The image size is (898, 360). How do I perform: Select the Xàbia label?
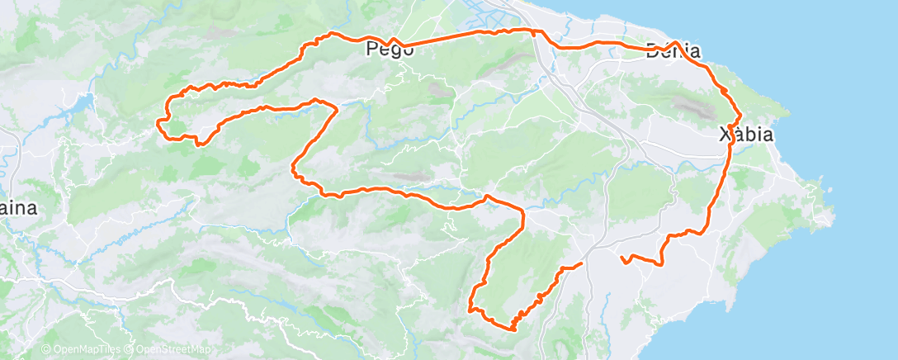[746, 135]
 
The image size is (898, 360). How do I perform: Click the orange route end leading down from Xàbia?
[622, 258]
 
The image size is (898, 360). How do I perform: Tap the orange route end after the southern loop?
[581, 263]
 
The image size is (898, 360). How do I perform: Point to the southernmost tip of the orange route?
[513, 329]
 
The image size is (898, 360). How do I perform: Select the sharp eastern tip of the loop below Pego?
[336, 108]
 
